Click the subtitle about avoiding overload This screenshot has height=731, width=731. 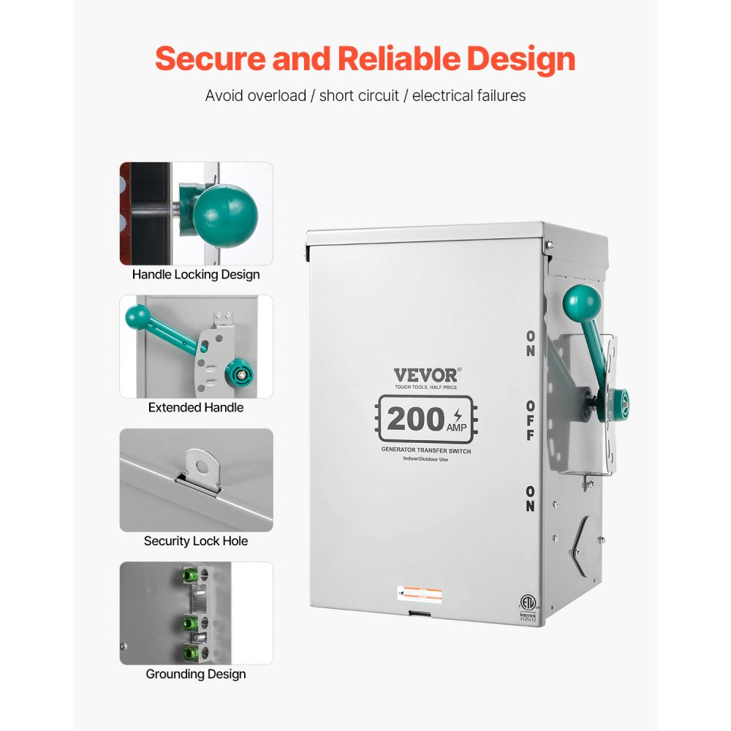365,96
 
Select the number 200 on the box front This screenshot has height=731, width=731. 415,419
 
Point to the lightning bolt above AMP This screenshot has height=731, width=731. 458,414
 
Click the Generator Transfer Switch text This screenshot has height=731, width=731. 426,452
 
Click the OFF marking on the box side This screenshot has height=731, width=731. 529,420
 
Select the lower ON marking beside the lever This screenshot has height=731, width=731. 529,499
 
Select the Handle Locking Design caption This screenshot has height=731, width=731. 196,275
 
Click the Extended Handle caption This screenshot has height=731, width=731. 196,407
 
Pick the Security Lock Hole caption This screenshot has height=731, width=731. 196,541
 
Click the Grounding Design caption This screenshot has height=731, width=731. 196,674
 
